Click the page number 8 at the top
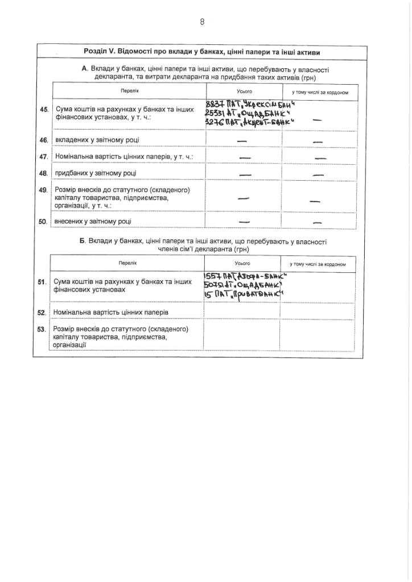202,22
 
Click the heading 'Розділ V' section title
201,52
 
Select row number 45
43,109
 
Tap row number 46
43,140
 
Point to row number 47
43,156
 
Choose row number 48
43,173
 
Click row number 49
43,190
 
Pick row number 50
43,221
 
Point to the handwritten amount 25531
216,113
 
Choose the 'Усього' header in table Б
242,264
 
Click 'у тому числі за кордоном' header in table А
320,92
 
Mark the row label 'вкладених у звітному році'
96,140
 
